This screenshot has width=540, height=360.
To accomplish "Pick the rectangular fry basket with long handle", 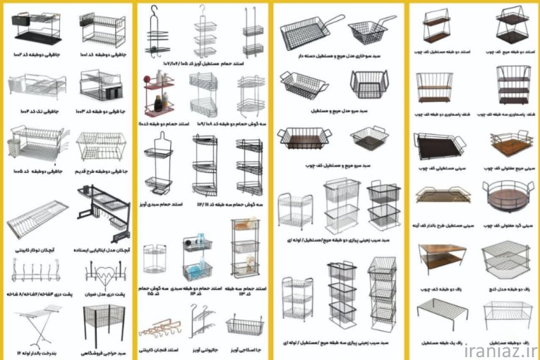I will [x=303, y=31].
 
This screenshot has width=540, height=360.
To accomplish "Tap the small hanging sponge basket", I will [x=244, y=325].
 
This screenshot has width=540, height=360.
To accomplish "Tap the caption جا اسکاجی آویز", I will [x=245, y=350].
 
